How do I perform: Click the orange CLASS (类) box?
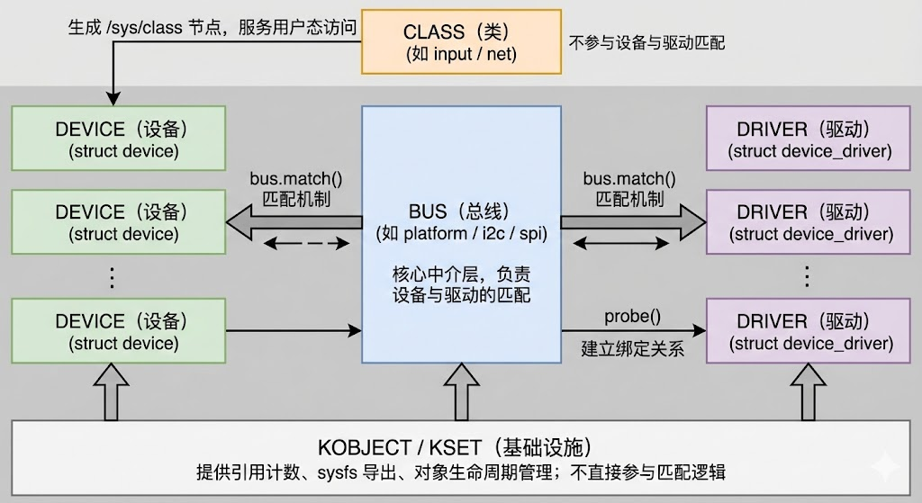point(462,42)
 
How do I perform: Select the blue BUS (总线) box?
point(461,233)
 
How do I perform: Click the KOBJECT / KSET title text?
point(454,448)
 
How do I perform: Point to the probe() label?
point(631,316)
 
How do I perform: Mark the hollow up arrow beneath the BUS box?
point(461,392)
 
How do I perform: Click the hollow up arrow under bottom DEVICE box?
point(119,392)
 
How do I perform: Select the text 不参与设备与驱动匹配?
point(646,42)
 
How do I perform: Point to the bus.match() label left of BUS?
point(290,177)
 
